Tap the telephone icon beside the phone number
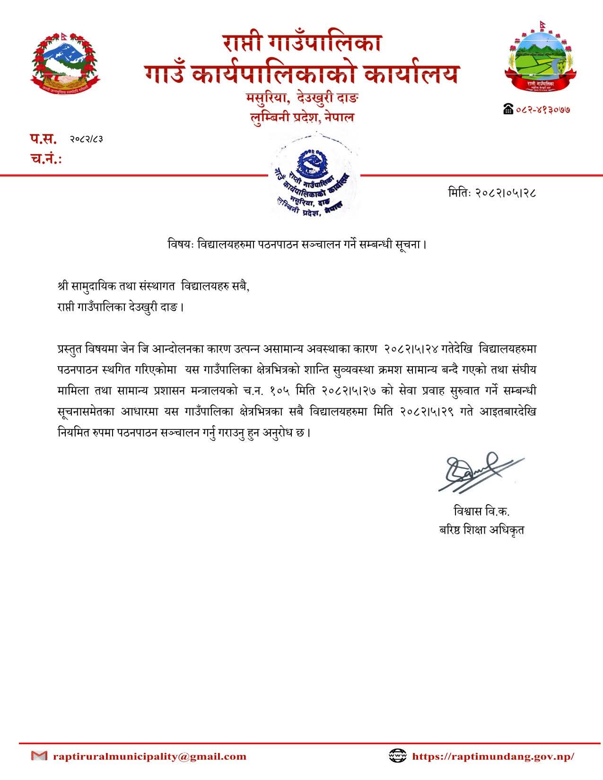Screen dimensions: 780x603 point(508,109)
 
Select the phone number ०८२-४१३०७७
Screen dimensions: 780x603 point(542,109)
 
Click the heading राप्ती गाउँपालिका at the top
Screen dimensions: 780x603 point(302,44)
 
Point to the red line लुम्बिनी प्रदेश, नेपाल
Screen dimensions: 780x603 point(302,117)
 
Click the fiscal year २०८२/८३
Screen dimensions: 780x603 point(87,139)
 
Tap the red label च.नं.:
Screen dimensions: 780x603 point(46,159)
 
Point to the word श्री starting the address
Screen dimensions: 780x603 point(62,287)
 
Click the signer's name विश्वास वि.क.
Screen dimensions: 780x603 point(481,511)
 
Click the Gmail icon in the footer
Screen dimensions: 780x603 point(39,756)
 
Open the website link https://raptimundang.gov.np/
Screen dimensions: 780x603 point(493,756)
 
